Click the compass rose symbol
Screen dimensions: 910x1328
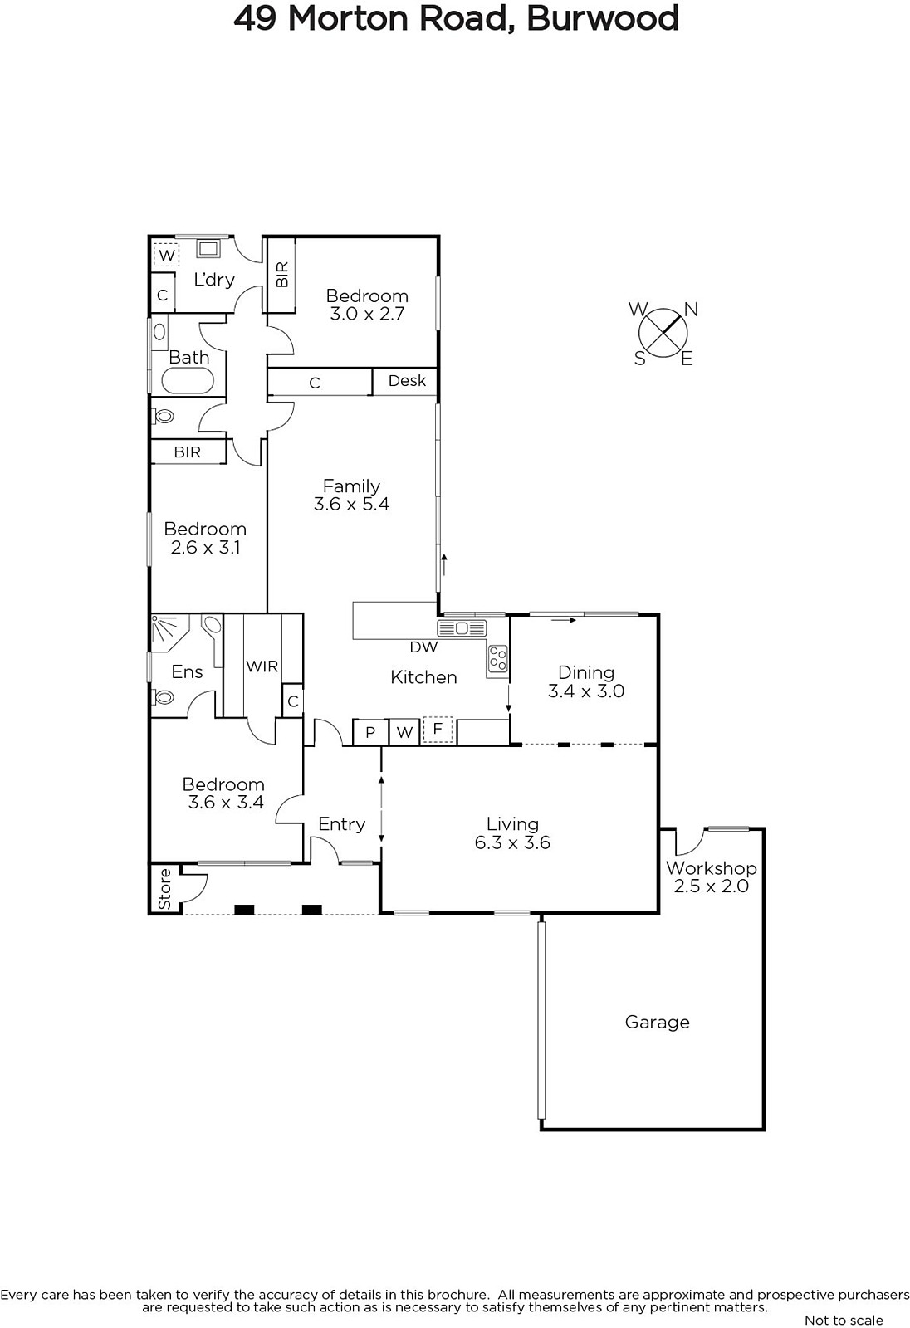(663, 333)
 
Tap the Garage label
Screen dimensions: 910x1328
(658, 1022)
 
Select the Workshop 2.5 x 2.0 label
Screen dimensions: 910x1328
(712, 876)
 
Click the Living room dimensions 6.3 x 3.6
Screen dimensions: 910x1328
(512, 842)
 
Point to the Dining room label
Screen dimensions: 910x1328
(586, 672)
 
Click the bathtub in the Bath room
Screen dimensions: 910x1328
(188, 381)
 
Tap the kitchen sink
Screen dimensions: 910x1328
(462, 627)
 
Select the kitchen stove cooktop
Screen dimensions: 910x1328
(497, 658)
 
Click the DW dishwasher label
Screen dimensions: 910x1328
(423, 647)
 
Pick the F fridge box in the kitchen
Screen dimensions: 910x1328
(438, 730)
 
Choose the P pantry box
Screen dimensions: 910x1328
(370, 732)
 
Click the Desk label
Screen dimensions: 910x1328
(407, 381)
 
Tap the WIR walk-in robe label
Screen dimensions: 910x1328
(262, 666)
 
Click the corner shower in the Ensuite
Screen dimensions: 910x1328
(169, 629)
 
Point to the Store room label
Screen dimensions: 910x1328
(165, 889)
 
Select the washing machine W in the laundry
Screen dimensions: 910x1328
(167, 256)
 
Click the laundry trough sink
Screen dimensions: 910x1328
(208, 248)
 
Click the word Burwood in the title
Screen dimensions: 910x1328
(603, 19)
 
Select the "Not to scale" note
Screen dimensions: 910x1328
(844, 1320)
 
